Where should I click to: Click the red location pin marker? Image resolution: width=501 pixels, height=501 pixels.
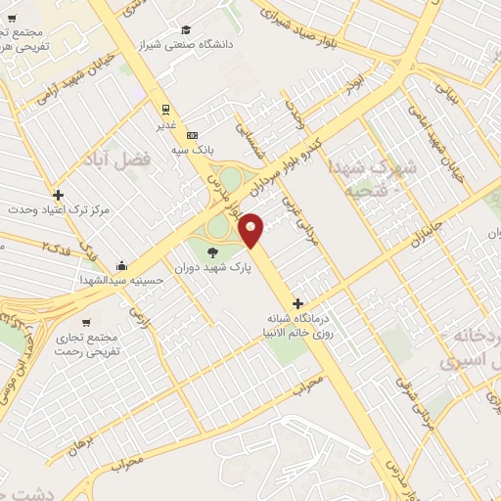[251, 229]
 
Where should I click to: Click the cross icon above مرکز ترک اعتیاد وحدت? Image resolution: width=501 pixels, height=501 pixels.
[59, 195]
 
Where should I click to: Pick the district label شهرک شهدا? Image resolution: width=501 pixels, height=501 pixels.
[373, 166]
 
